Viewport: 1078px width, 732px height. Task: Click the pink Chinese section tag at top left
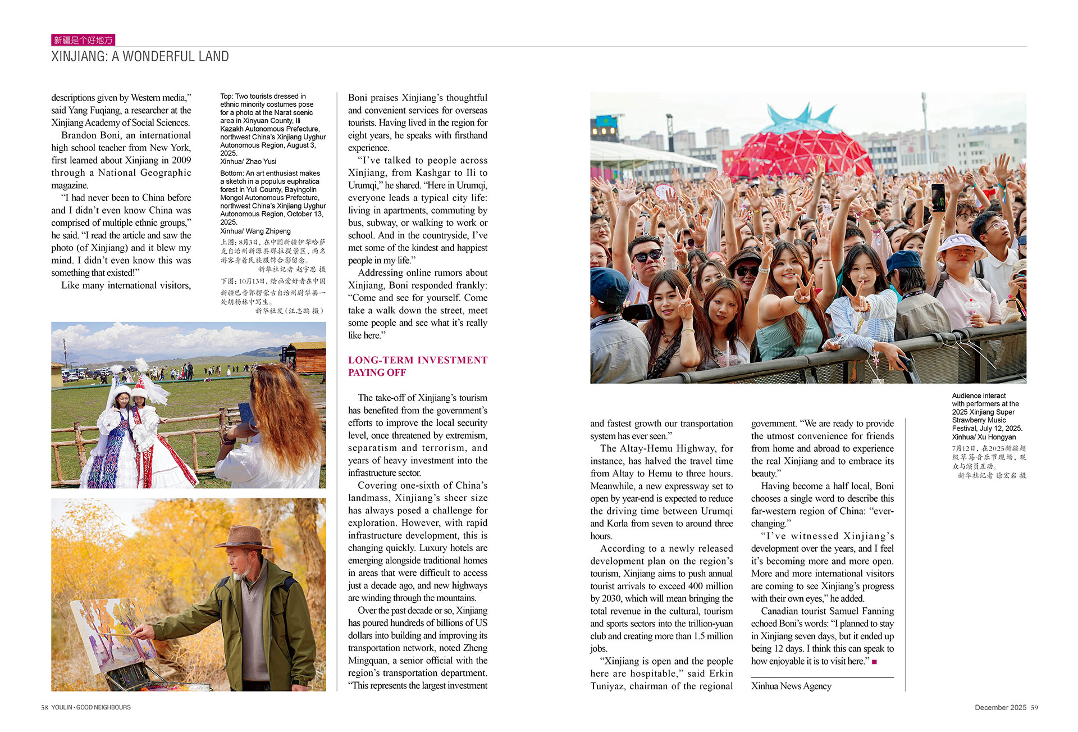pos(83,40)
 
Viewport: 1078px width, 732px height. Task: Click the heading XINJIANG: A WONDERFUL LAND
pos(140,57)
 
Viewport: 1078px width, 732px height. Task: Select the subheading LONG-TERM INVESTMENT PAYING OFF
pos(417,366)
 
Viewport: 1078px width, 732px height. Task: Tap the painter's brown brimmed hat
pos(243,537)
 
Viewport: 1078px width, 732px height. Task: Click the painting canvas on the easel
pos(113,634)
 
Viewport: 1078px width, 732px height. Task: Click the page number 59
pos(1034,707)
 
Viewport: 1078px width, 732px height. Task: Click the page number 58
pos(44,707)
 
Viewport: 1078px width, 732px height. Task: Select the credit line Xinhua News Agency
pos(791,686)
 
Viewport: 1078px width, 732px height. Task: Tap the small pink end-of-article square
pos(874,662)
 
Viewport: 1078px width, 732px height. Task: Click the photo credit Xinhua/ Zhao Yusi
pos(248,162)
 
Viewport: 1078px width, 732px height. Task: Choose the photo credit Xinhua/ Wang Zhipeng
pos(255,231)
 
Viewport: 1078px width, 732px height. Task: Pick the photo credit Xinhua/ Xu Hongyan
pos(984,437)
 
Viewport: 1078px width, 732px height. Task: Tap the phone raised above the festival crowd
pos(938,197)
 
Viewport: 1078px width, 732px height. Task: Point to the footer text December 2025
pos(1000,707)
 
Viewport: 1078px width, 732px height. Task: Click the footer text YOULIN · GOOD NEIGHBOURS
pos(91,707)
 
